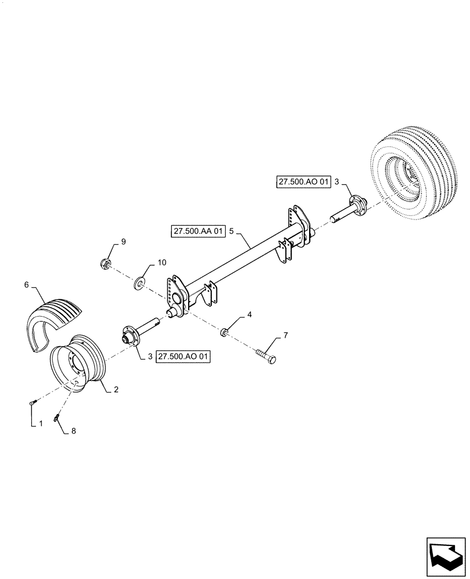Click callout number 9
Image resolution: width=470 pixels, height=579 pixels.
click(x=122, y=241)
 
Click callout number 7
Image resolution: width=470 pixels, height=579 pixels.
click(x=285, y=336)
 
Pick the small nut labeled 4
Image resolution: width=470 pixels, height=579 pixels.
click(x=224, y=332)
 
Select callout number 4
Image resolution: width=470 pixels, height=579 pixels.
click(x=249, y=315)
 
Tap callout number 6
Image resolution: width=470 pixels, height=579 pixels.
click(x=26, y=284)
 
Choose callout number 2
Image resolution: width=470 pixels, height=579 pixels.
click(x=116, y=390)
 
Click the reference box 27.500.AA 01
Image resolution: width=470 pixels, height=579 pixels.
click(x=198, y=232)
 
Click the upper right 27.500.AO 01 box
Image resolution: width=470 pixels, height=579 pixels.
click(x=303, y=182)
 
